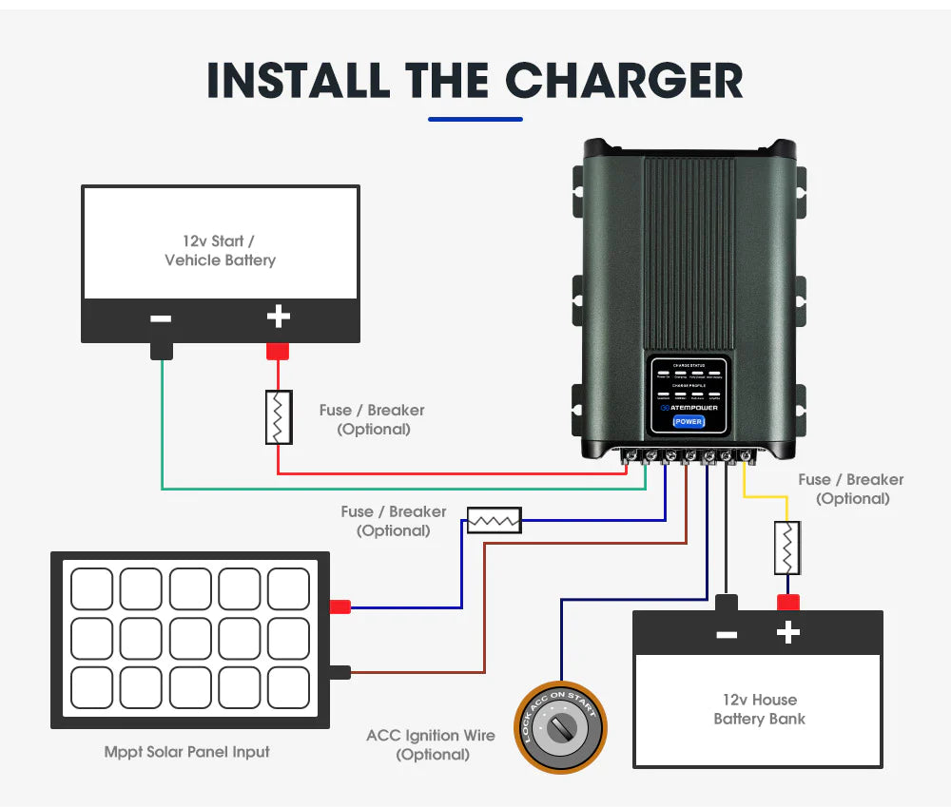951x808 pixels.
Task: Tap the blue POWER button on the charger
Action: coord(688,421)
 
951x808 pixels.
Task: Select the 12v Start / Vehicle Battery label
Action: coord(220,251)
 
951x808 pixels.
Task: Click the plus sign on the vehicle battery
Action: coord(278,317)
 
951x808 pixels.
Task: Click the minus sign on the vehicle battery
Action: coord(161,318)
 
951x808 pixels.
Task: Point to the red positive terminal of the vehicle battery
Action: coord(278,351)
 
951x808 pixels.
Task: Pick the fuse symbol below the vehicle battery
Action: coord(278,417)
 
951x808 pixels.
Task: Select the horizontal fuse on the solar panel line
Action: coord(494,520)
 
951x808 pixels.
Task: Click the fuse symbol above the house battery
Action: coord(786,548)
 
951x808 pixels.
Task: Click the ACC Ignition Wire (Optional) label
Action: coord(431,744)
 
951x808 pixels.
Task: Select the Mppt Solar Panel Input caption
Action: coord(186,752)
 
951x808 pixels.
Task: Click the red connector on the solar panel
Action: coord(340,606)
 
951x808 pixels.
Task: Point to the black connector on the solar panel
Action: coord(340,672)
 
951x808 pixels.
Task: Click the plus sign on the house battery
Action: coord(787,632)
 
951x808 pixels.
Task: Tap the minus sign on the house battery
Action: coord(727,633)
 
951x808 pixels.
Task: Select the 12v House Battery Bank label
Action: coord(759,709)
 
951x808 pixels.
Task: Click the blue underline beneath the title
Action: coord(475,119)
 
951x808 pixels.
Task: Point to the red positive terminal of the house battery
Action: coord(787,602)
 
